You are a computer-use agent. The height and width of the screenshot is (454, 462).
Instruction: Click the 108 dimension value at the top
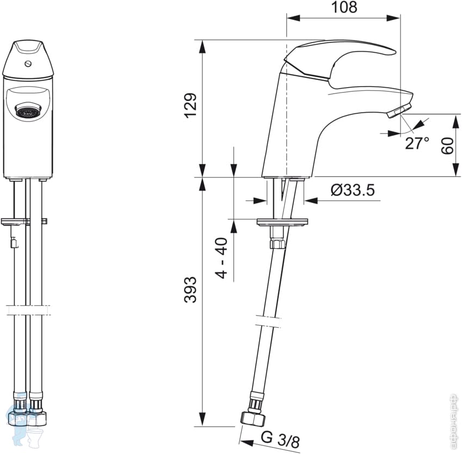click(344, 8)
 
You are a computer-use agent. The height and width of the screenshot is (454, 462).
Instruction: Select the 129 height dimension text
click(190, 106)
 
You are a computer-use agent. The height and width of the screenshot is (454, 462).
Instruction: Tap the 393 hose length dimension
click(190, 290)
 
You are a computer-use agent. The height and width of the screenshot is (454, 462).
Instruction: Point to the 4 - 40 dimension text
click(222, 258)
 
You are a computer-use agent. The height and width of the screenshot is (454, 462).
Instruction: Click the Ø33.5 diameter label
click(353, 190)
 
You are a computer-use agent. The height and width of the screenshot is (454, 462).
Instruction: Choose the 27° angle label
click(417, 144)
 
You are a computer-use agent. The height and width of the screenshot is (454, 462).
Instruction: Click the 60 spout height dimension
click(447, 146)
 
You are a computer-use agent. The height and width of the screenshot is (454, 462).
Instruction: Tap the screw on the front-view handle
click(28, 63)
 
